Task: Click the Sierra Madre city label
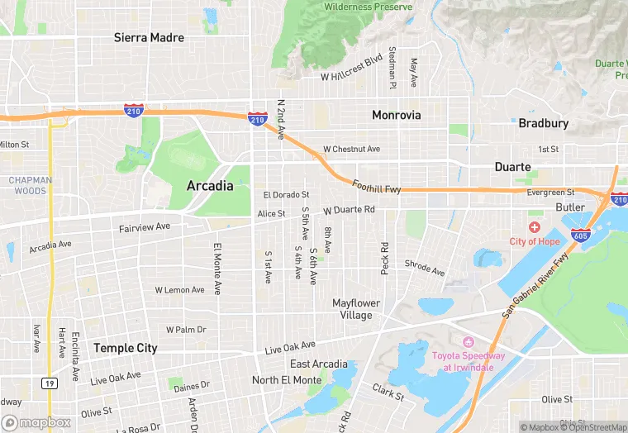[x=149, y=38]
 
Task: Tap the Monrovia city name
[x=396, y=115]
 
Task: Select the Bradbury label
[x=543, y=123]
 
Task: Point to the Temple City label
[x=125, y=348]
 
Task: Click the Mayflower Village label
[x=357, y=309]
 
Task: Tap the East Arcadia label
[x=318, y=364]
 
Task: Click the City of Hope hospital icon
[x=535, y=227]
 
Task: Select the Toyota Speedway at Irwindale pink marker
[x=468, y=342]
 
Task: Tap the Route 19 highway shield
[x=50, y=383]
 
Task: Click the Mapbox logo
[x=36, y=422]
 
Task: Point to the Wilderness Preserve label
[x=368, y=7]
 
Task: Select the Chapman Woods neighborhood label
[x=31, y=185]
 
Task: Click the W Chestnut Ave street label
[x=351, y=150]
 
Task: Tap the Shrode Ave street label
[x=424, y=268]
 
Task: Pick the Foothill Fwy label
[x=376, y=188]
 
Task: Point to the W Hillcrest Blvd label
[x=352, y=69]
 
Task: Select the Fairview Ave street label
[x=144, y=226]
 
